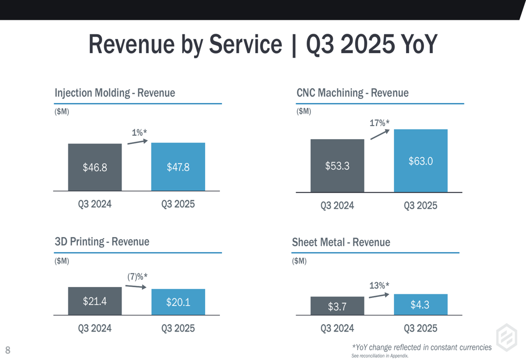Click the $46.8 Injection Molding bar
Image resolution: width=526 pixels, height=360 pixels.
[95, 167]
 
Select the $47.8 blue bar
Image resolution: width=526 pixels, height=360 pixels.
[178, 167]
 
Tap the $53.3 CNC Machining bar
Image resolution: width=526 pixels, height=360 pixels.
[337, 166]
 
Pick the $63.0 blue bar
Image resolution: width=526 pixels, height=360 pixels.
[420, 161]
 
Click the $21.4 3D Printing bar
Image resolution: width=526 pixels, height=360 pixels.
[95, 301]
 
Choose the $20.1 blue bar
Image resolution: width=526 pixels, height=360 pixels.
[178, 302]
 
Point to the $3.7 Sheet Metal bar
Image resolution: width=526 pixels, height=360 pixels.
[337, 306]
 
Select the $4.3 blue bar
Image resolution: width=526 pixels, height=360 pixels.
[420, 305]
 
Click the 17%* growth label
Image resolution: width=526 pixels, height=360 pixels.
[379, 123]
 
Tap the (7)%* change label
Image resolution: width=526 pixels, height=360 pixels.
[137, 276]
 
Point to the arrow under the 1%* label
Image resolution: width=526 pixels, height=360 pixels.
[137, 141]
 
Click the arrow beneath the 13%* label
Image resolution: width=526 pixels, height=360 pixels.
[379, 295]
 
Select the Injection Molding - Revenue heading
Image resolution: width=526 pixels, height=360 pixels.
[115, 93]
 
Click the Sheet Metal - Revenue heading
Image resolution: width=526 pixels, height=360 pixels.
[341, 242]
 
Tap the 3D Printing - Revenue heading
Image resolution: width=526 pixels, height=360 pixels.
[102, 242]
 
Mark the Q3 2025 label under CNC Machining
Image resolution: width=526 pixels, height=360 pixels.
[420, 205]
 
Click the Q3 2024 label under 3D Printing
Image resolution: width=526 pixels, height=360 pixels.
[95, 328]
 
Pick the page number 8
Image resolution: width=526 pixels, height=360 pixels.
[8, 350]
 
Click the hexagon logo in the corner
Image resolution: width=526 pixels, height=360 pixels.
[507, 337]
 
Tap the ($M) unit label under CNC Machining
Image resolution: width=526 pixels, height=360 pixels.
[304, 111]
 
